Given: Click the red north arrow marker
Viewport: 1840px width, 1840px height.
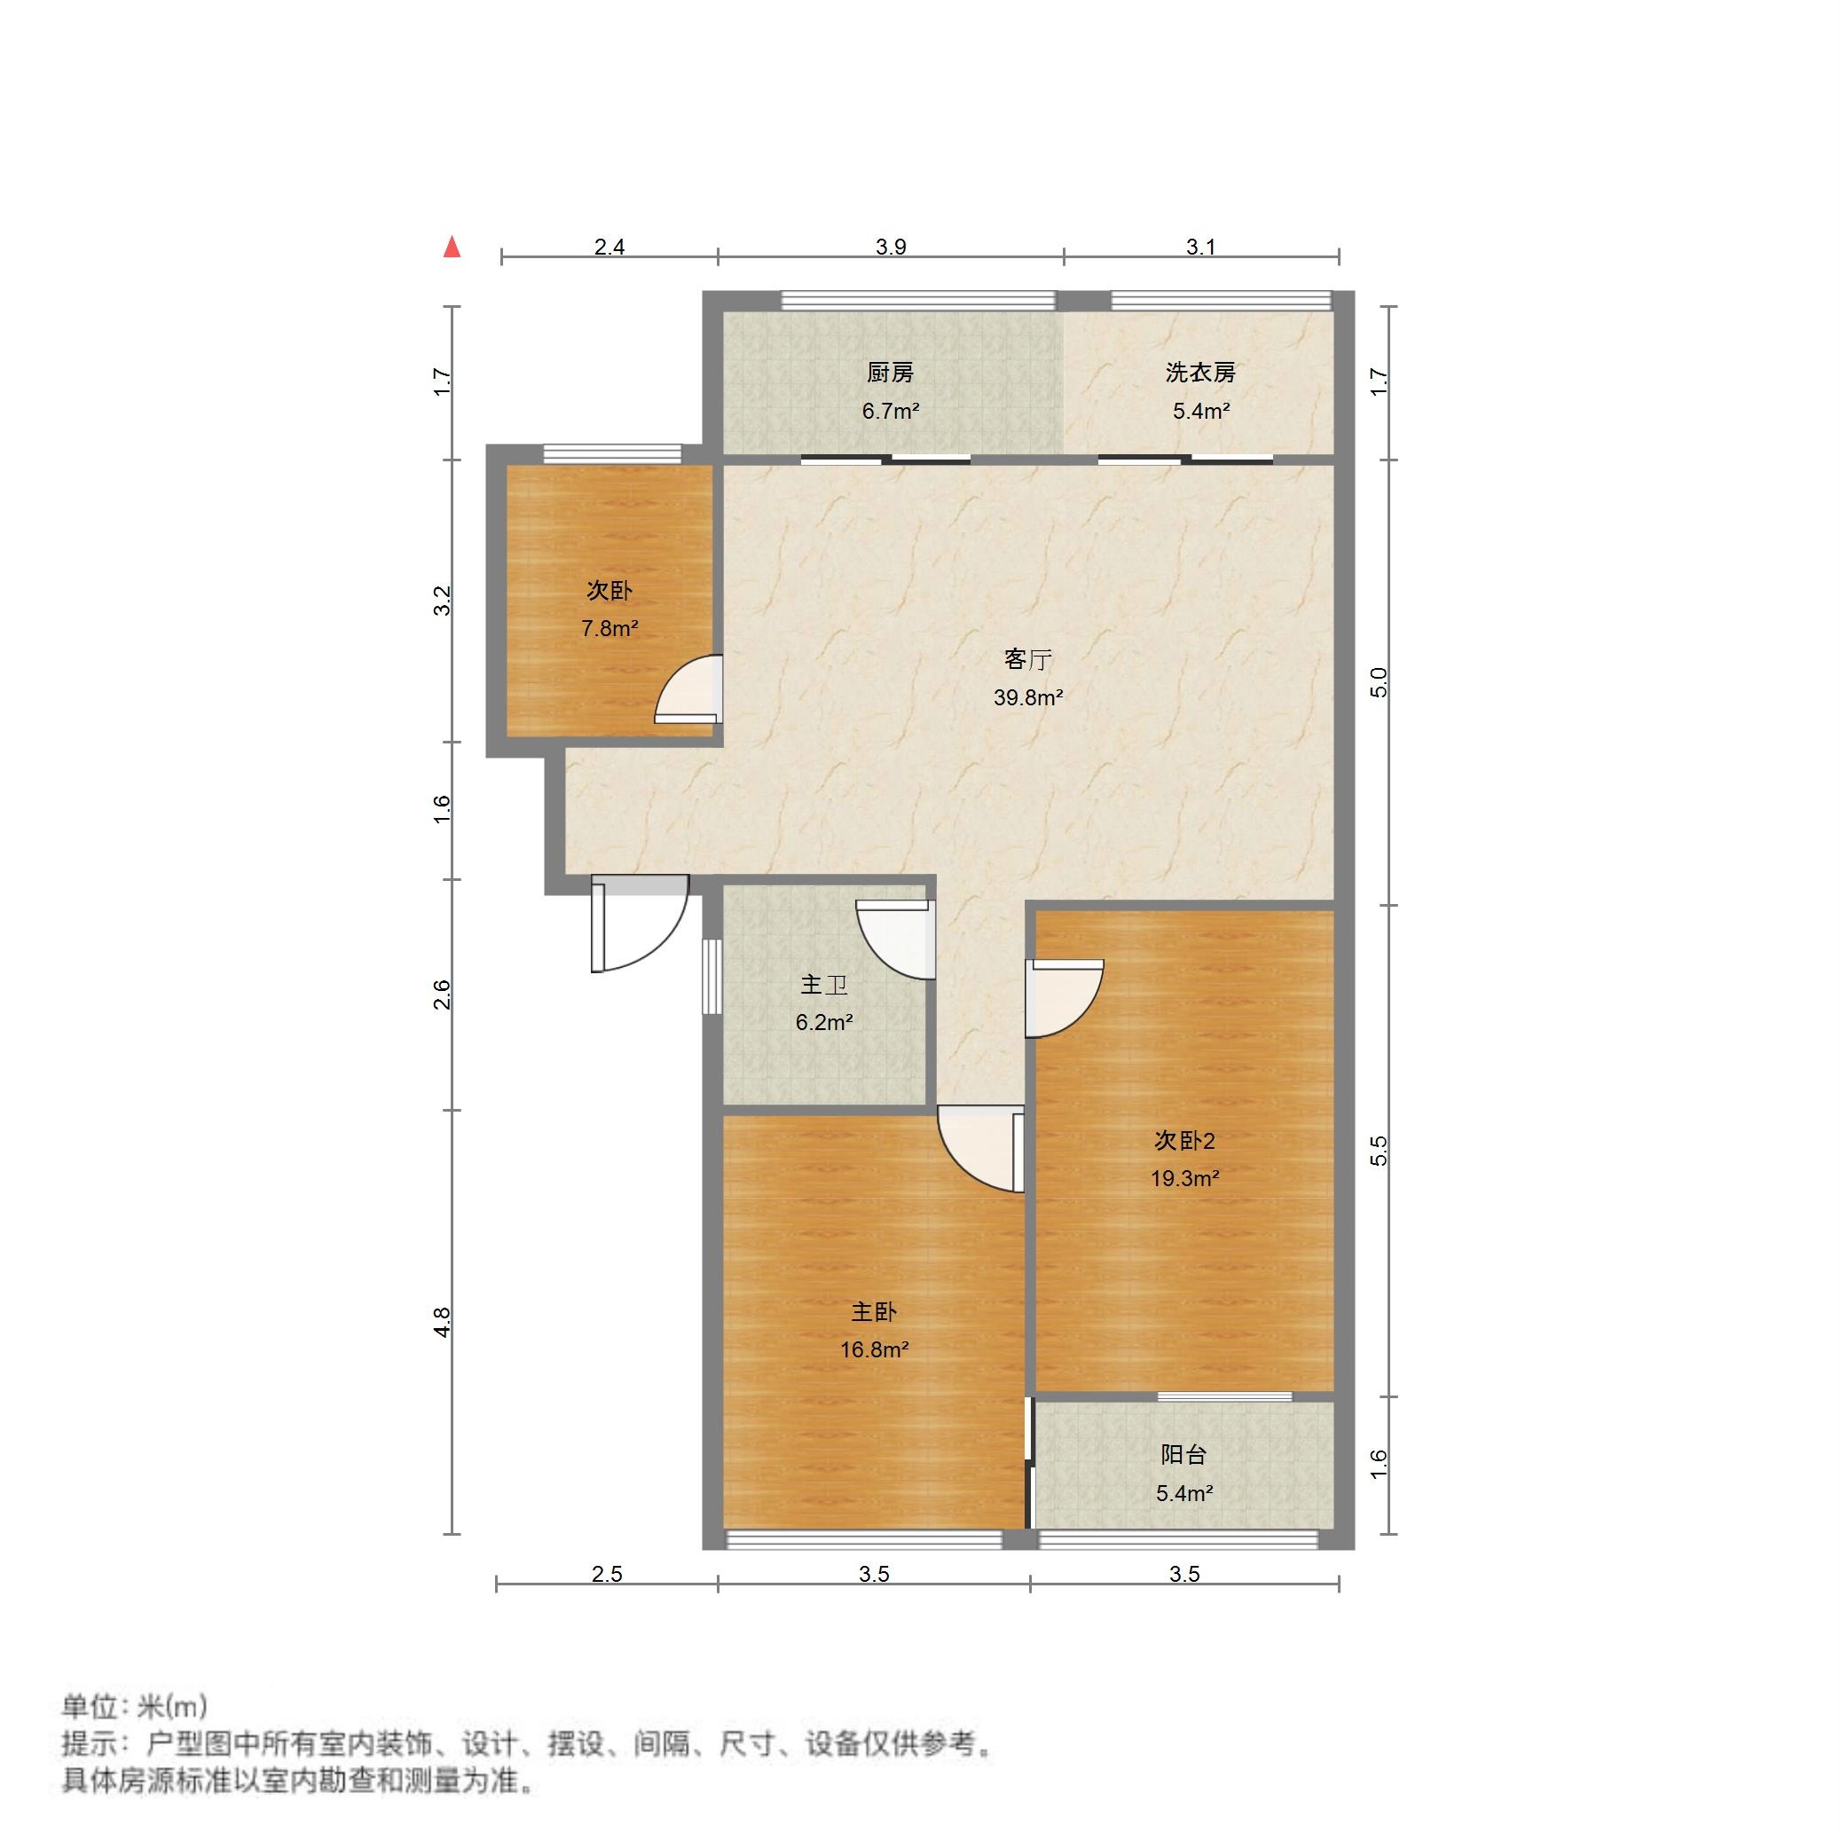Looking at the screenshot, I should pos(452,248).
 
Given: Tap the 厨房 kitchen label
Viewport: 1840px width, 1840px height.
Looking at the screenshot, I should pos(890,373).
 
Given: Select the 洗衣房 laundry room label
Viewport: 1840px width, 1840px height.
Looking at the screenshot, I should pos(1200,373).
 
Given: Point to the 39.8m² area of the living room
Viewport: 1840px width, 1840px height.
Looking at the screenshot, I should pos(1027,697).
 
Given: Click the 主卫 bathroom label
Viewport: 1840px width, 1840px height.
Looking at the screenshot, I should pos(824,985).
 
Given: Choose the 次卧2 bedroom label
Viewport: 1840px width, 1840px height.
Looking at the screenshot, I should pos(1184,1140).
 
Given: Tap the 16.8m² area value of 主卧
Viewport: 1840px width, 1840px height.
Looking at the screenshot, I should pos(873,1349).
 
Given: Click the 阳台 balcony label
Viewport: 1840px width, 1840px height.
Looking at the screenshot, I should pos(1183,1454).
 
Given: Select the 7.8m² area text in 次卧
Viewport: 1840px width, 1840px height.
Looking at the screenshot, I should pos(609,629).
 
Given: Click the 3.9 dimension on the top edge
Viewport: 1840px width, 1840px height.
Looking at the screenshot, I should pos(891,248).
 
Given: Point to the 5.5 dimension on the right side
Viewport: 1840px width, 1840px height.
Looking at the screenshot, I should pos(1378,1151).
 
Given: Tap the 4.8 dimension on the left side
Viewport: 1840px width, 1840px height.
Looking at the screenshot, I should pos(441,1322).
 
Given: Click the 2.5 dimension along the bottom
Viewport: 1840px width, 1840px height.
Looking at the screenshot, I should pos(607,1574).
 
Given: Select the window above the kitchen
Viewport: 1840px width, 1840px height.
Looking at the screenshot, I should pos(918,300).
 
